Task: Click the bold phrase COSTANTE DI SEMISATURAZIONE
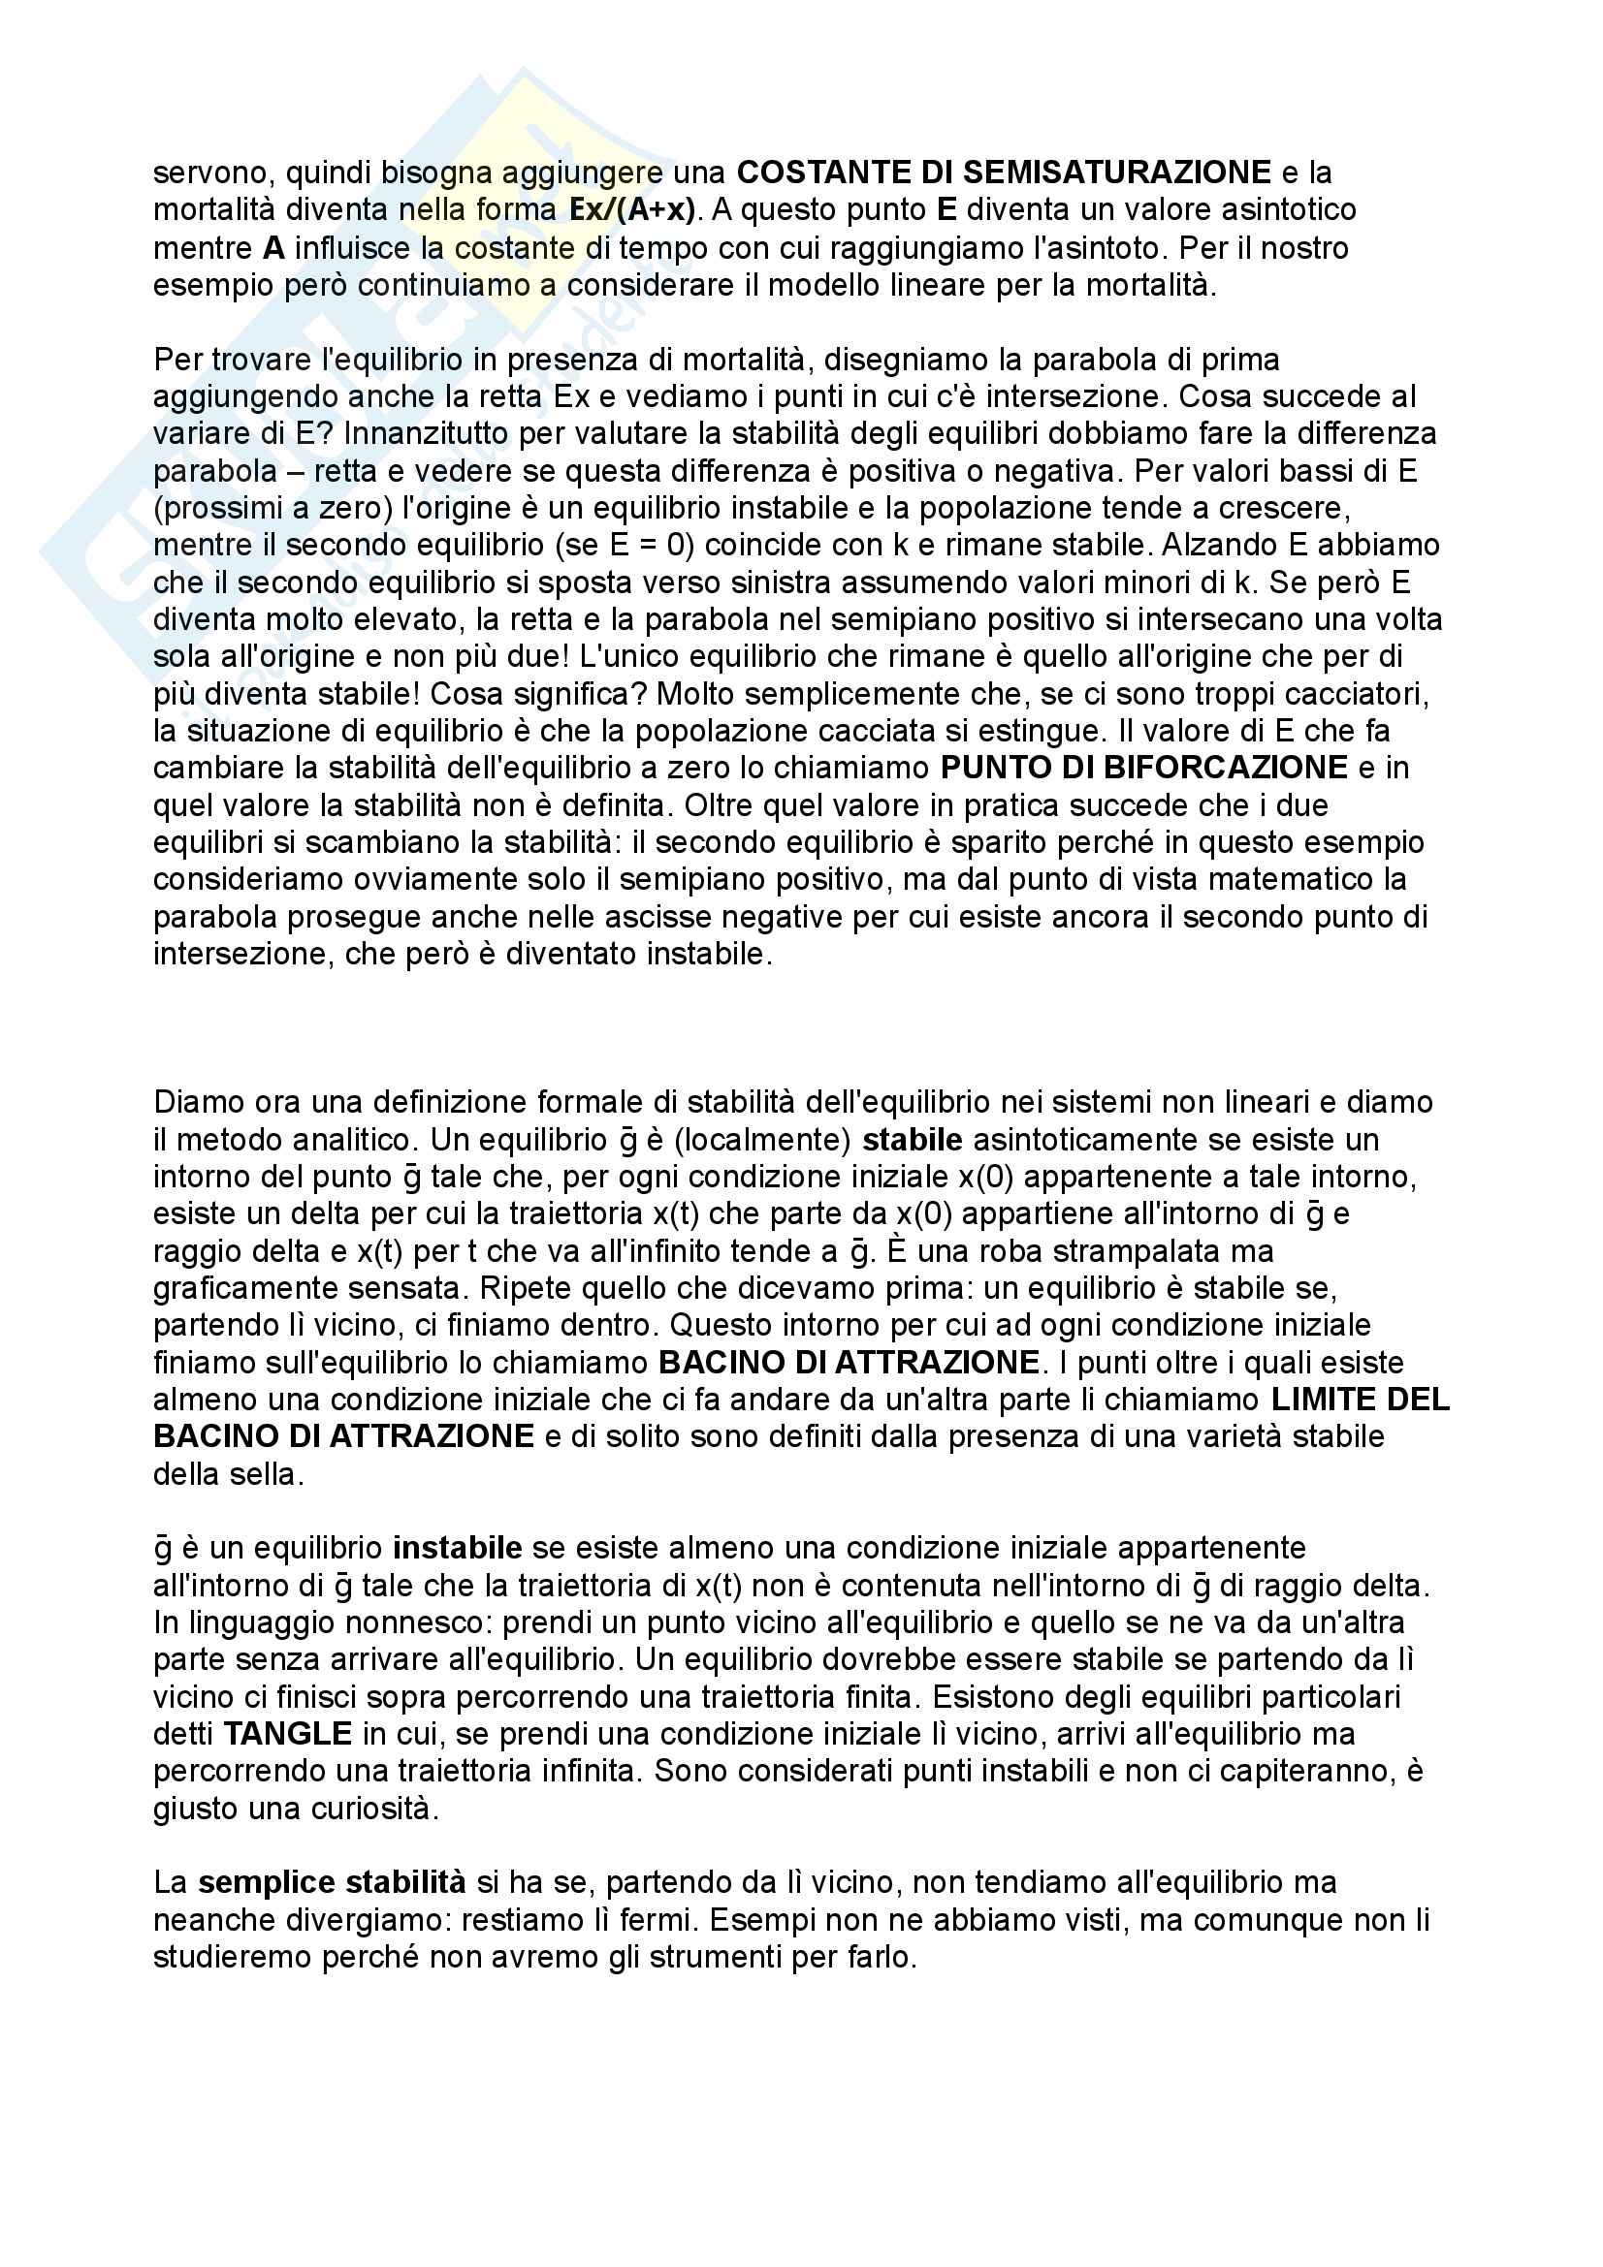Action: point(1004,173)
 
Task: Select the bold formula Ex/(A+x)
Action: point(632,210)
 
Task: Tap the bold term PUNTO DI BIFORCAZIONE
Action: point(1143,768)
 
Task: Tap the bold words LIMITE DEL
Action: point(1360,1400)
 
